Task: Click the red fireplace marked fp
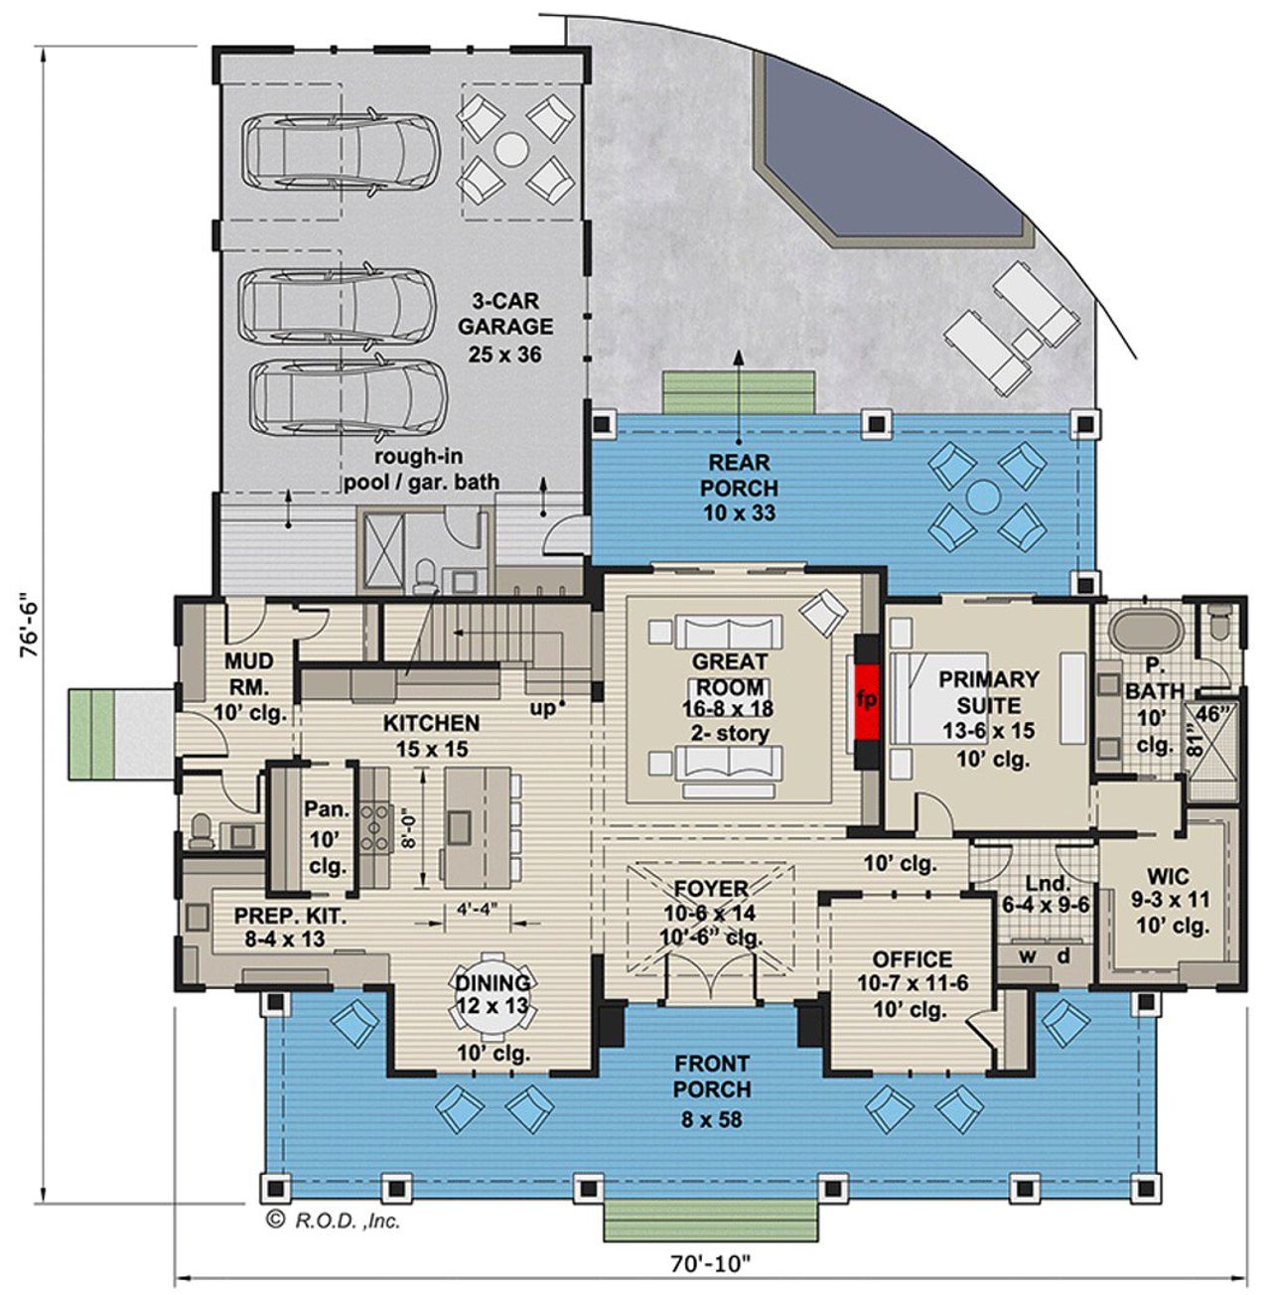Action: pyautogui.click(x=866, y=698)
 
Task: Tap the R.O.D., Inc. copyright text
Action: pyautogui.click(x=334, y=1221)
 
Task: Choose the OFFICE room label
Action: pyautogui.click(x=912, y=959)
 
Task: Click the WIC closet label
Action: pyautogui.click(x=1167, y=878)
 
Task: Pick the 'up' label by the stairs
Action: pyautogui.click(x=542, y=709)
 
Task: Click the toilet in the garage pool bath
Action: pyautogui.click(x=425, y=574)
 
